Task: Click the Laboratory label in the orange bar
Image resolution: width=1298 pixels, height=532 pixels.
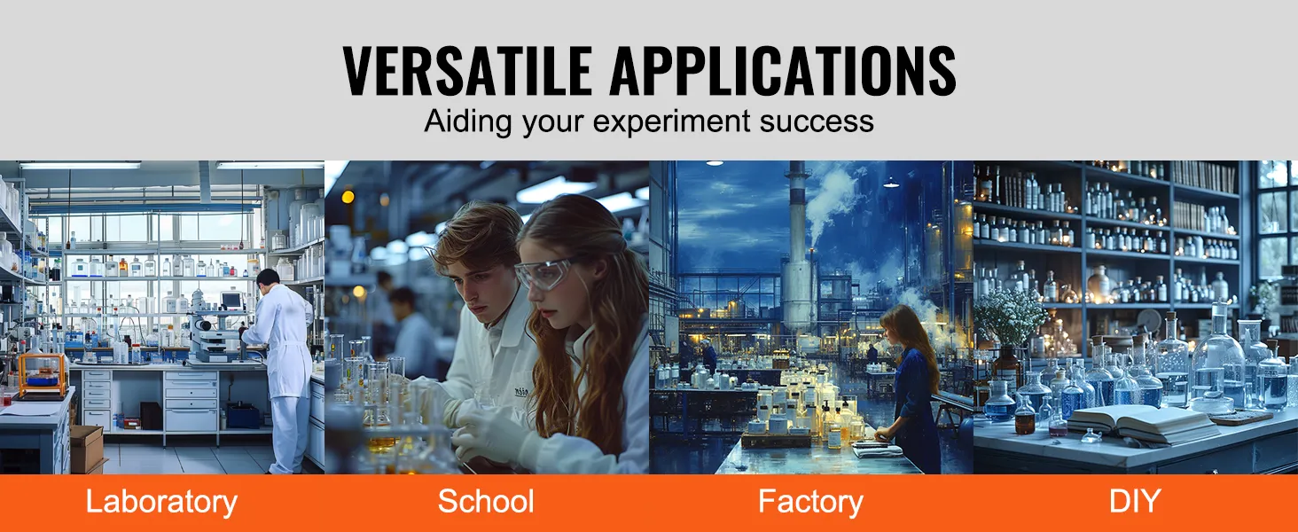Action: [x=161, y=502]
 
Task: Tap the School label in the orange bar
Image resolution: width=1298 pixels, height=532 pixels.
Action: [x=486, y=502]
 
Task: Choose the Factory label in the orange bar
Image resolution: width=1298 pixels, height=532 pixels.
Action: [x=810, y=502]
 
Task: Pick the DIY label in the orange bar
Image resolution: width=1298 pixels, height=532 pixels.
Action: [x=1135, y=502]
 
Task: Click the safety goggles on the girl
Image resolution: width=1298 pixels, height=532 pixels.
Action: [x=543, y=272]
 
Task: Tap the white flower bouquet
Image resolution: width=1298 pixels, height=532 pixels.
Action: [x=1011, y=317]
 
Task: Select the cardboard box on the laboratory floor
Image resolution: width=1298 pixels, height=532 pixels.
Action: [x=85, y=449]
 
